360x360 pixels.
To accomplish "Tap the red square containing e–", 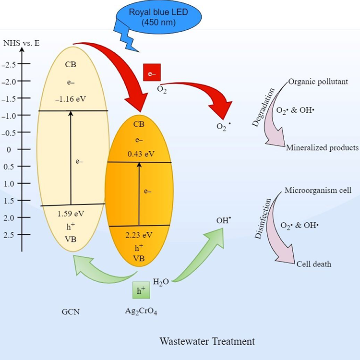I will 152,73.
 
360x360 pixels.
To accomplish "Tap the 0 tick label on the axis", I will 8,149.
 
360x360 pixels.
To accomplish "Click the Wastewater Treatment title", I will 207,342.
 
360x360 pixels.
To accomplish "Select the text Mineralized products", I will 322,148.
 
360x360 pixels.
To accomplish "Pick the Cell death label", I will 313,264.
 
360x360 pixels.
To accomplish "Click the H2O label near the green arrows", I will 161,281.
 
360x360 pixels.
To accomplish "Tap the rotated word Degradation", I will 262,108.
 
